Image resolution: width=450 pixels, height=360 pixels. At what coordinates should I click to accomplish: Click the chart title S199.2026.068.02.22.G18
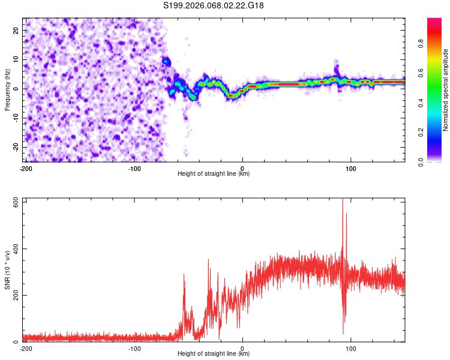coord(214,5)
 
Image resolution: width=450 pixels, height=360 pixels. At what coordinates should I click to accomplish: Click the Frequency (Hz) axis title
coord(7,90)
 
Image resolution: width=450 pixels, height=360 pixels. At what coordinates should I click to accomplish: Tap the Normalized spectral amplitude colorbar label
coord(446,90)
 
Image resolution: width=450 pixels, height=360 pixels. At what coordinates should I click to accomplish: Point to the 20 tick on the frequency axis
coord(17,30)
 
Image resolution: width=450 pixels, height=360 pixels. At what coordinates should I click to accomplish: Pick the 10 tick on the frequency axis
coord(17,59)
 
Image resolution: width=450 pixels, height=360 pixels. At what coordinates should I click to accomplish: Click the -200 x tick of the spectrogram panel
coord(26,168)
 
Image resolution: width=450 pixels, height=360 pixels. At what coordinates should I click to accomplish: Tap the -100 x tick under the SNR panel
coord(134,348)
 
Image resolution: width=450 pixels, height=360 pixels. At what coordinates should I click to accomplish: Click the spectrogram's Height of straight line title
coord(214,174)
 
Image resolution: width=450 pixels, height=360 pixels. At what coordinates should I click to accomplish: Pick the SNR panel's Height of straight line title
coord(214,354)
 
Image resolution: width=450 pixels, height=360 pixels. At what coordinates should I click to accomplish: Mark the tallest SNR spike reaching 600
coord(343,202)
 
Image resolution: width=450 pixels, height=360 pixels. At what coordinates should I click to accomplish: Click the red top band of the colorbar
coord(434,22)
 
